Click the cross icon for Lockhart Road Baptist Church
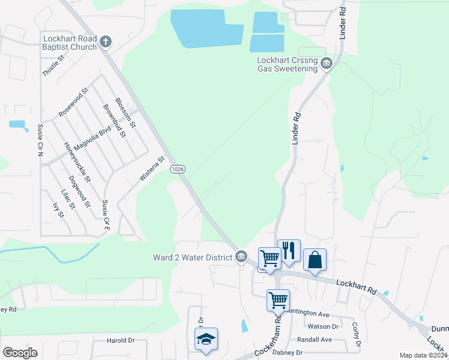(x=106, y=42)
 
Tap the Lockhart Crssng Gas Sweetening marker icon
(x=327, y=64)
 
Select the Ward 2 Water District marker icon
(x=241, y=257)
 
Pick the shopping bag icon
(x=315, y=259)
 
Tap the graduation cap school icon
(x=206, y=339)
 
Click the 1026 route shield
(x=178, y=169)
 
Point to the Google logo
(x=20, y=353)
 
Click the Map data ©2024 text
(x=423, y=355)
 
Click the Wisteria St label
(x=152, y=169)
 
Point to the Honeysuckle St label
(x=77, y=162)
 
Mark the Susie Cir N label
(x=40, y=140)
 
